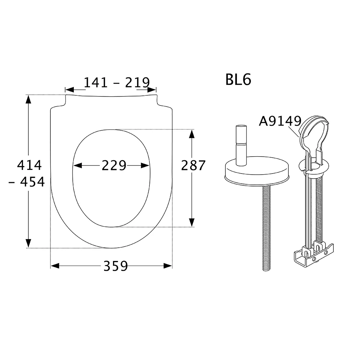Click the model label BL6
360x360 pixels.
[238, 80]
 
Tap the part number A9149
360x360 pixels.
[280, 121]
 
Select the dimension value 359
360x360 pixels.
[116, 266]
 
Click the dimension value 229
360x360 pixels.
[114, 166]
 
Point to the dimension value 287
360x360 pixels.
[193, 166]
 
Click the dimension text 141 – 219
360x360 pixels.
[116, 83]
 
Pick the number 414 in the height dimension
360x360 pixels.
[30, 166]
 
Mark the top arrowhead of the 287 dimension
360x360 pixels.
[192, 134]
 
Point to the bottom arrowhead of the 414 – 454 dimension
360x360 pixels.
[28, 243]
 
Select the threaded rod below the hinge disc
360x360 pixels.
[266, 230]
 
